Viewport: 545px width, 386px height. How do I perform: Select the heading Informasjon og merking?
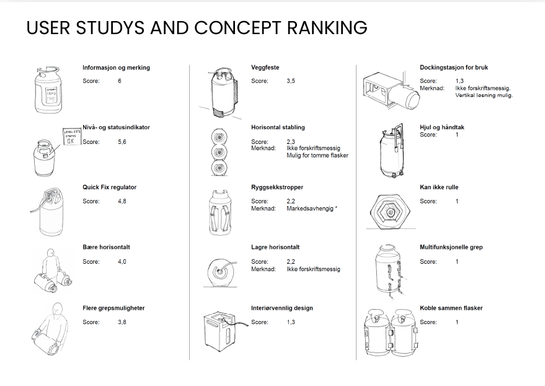tap(116, 68)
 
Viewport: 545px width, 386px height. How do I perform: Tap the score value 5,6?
tap(122, 141)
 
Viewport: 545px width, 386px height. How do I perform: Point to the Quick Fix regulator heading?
tap(109, 187)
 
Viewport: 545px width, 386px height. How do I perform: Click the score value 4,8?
tap(122, 201)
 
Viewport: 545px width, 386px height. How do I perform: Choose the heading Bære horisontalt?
tap(106, 247)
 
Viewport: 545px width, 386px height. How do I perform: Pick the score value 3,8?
tap(122, 322)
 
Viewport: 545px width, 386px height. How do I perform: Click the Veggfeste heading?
tap(265, 68)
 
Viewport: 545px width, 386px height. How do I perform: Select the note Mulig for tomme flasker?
tap(317, 155)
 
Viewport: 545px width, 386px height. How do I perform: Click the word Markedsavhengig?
tap(310, 209)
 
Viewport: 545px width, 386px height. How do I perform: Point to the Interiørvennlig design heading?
tap(282, 308)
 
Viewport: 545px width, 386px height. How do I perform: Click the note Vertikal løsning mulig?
tap(484, 96)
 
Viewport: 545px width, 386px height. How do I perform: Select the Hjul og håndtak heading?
tap(442, 127)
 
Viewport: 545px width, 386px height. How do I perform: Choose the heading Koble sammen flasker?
tap(451, 308)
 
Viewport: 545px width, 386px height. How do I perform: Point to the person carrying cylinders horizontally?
tap(51, 271)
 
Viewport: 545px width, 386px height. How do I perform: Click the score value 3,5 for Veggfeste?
tap(291, 81)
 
